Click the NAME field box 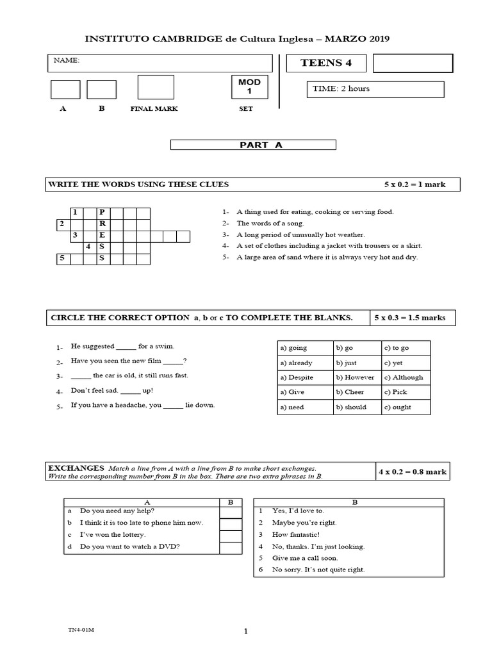point(160,63)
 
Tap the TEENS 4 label point(326,63)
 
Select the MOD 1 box point(249,87)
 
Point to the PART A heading point(253,145)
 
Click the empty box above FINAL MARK point(156,87)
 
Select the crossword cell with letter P point(102,213)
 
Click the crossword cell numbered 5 point(62,259)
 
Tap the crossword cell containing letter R point(102,224)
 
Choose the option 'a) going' point(305,348)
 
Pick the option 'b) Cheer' point(357,392)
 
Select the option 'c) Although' point(406,377)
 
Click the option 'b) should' point(357,407)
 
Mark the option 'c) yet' point(406,363)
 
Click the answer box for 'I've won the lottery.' point(231,535)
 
